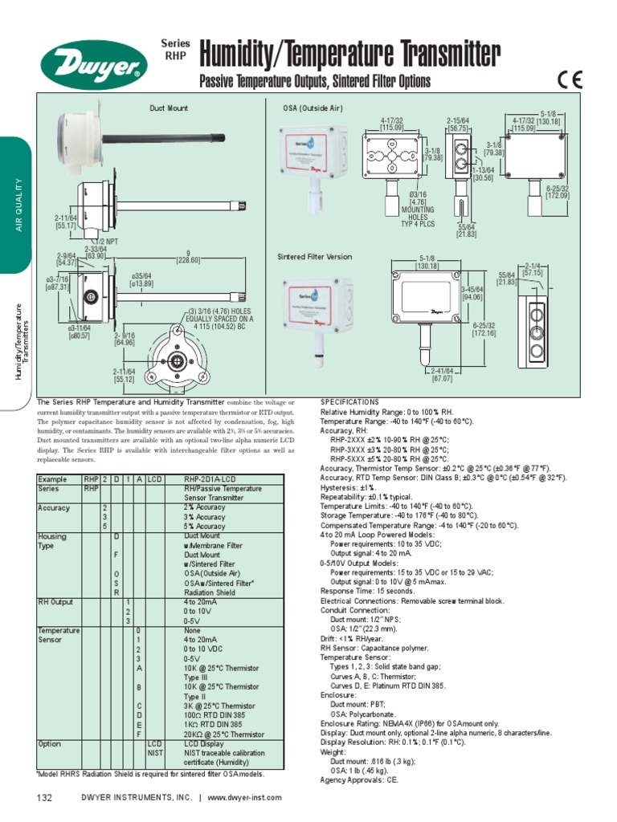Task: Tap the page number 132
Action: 44,797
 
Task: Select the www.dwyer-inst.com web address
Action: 245,797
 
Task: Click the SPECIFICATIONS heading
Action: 349,401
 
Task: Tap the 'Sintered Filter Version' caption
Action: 315,257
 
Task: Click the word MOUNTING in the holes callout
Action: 417,210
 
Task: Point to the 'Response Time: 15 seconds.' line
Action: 368,591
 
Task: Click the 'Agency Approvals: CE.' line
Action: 358,779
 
